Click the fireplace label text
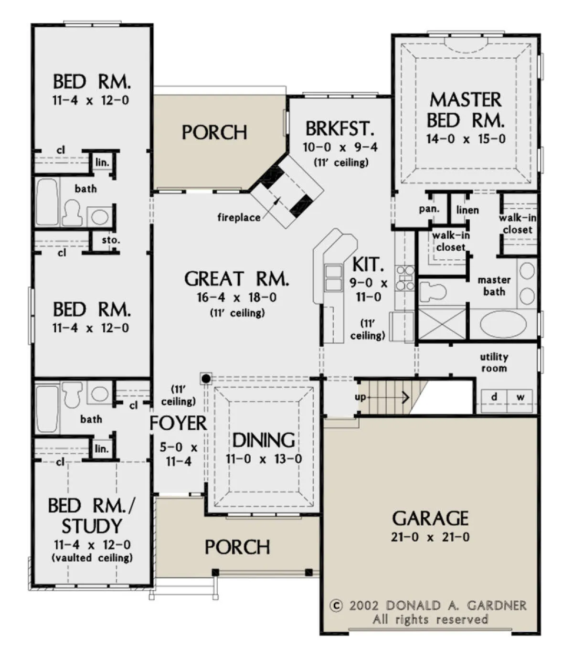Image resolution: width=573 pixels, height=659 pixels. click(239, 217)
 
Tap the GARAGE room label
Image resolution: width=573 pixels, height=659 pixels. click(430, 518)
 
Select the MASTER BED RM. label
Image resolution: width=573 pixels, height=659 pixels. click(466, 110)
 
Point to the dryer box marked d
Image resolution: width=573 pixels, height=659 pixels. click(494, 401)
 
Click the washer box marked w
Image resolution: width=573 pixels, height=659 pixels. click(520, 401)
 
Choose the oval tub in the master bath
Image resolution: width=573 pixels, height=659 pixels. click(503, 324)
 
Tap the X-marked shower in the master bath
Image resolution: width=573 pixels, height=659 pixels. click(442, 323)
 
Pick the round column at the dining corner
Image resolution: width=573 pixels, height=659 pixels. click(206, 379)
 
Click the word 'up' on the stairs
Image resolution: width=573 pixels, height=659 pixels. click(360, 397)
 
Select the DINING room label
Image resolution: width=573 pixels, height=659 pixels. click(263, 440)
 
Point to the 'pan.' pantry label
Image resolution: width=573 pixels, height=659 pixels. click(429, 209)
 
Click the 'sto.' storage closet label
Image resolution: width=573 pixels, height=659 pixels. click(111, 240)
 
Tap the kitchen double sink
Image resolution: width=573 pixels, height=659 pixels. click(333, 278)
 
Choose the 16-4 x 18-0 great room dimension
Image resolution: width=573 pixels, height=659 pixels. click(237, 298)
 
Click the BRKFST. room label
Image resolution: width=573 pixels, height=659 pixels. click(340, 128)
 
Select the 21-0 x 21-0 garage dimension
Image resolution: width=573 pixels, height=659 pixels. click(430, 537)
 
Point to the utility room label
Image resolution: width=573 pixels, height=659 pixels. click(494, 362)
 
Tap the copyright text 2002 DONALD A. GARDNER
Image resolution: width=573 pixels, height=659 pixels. click(428, 606)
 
